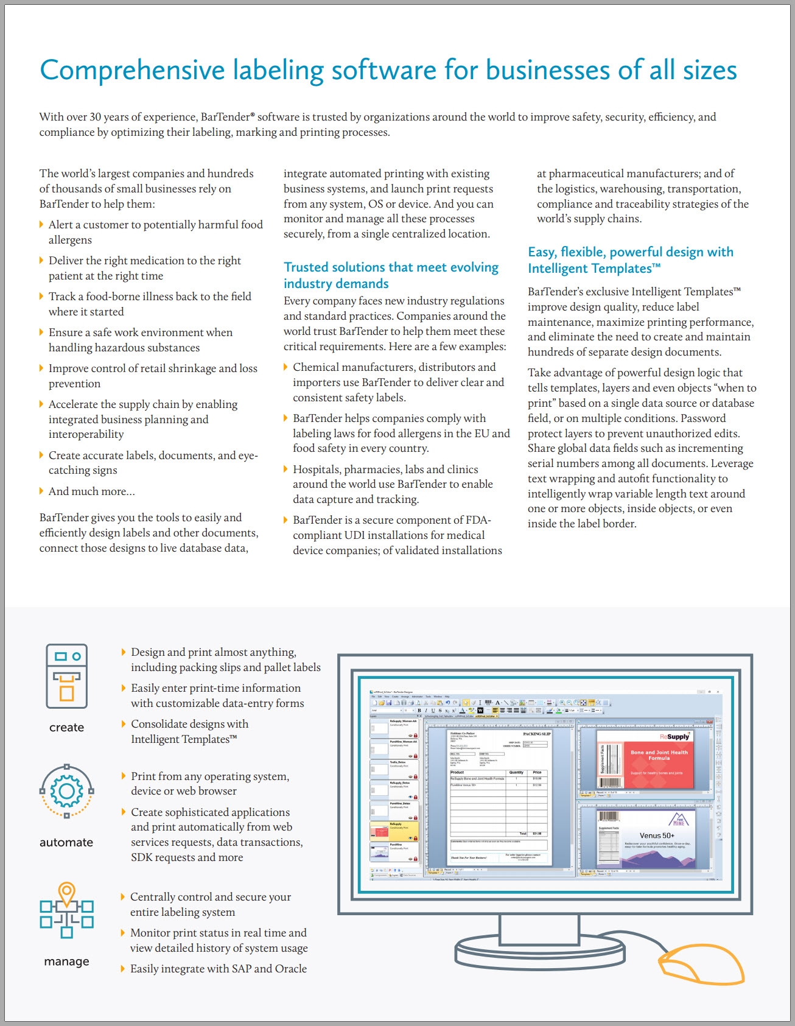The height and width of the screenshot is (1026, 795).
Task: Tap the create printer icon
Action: (67, 676)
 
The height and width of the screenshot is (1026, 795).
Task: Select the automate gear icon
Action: (66, 791)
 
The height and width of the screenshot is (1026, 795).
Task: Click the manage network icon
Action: (66, 911)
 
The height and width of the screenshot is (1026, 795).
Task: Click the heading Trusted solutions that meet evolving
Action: (391, 267)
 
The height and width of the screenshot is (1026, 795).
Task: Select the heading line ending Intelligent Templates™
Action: (594, 269)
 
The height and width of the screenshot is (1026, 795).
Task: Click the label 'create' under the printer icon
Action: (66, 728)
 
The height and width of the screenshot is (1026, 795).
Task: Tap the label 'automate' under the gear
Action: (66, 843)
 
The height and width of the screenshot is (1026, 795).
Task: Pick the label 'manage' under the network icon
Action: (66, 961)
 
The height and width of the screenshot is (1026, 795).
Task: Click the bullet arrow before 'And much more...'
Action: (41, 491)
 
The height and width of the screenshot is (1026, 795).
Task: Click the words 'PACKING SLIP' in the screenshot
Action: (536, 734)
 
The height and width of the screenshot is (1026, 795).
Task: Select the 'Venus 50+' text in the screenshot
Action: (656, 835)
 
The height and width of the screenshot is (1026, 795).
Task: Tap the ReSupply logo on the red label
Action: (674, 737)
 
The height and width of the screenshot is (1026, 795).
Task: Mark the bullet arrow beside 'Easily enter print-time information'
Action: (124, 688)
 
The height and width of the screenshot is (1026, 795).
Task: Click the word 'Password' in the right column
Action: (703, 418)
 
